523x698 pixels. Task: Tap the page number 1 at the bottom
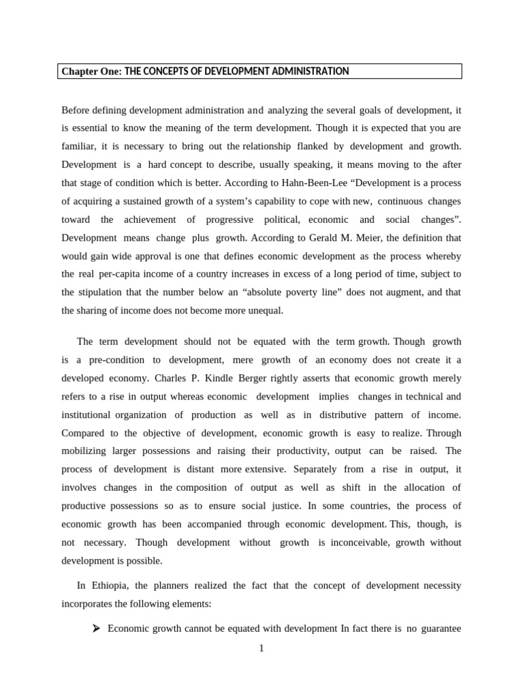pyautogui.click(x=261, y=648)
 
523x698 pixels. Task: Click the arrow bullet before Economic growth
pyautogui.click(x=96, y=628)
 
